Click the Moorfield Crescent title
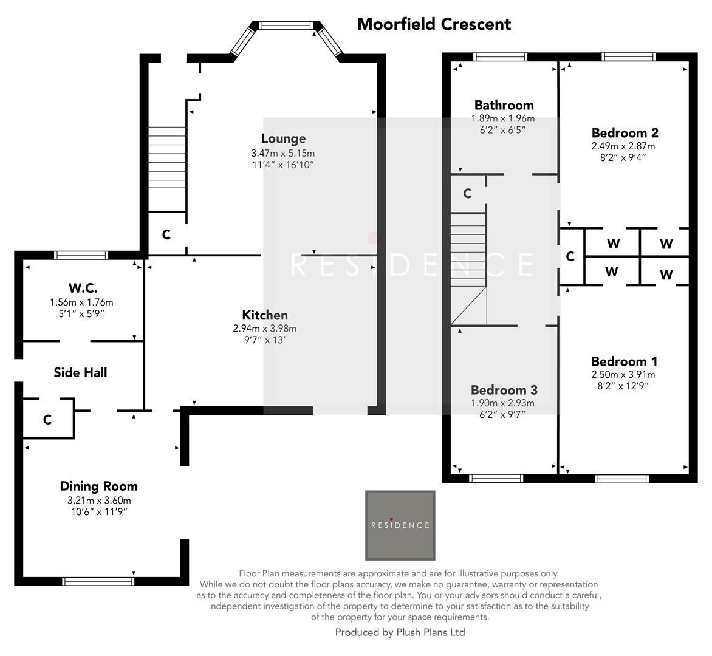(434, 24)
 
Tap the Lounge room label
(283, 138)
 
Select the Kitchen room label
(265, 315)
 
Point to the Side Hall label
(80, 372)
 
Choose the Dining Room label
(98, 486)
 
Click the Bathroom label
(504, 105)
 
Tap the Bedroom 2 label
(625, 133)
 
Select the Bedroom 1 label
(624, 361)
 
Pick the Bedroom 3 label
(504, 390)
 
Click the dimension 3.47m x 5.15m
(284, 153)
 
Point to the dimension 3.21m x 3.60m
(99, 501)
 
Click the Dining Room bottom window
(98, 581)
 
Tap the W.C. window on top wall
(81, 255)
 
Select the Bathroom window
(500, 58)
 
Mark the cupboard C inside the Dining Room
(47, 420)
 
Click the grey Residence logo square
(400, 525)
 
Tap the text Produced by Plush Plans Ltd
(400, 632)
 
